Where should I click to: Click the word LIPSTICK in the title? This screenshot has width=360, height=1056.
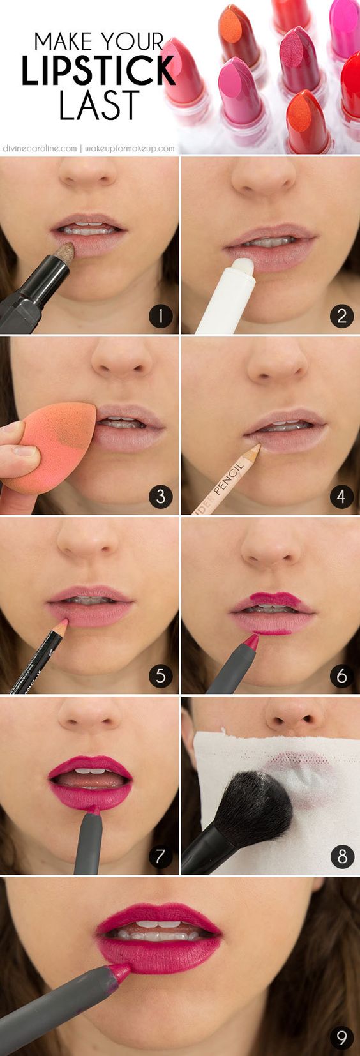click(98, 71)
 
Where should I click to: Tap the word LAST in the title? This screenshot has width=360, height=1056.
click(99, 105)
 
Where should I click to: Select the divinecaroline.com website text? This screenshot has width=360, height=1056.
click(40, 148)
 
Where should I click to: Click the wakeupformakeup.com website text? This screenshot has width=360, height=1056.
click(130, 148)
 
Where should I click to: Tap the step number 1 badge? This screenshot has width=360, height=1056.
click(160, 316)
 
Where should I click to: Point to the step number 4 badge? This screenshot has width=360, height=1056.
click(341, 496)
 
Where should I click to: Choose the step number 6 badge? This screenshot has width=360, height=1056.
click(341, 675)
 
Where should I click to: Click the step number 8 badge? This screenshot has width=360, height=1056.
click(341, 856)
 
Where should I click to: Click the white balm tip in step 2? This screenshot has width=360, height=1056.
click(243, 266)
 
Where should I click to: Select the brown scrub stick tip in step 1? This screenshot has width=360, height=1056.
click(64, 252)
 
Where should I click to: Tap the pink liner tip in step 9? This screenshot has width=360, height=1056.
click(120, 971)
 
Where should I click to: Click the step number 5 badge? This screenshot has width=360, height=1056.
click(160, 675)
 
